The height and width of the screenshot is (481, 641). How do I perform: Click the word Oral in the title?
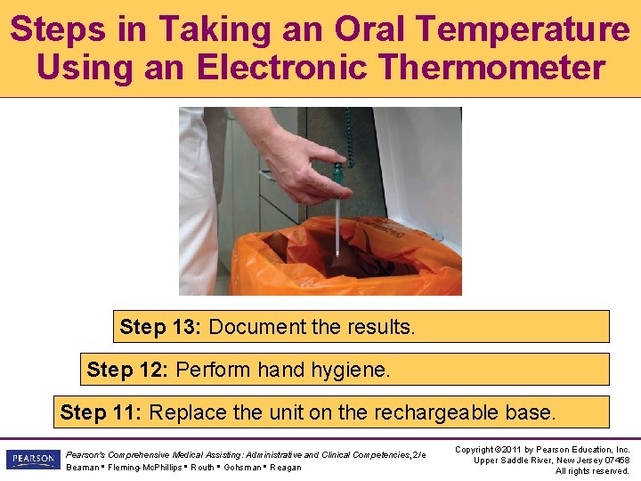coord(369,29)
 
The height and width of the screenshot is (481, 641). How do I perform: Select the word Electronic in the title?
coord(281,67)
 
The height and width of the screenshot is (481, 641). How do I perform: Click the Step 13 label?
coord(160,327)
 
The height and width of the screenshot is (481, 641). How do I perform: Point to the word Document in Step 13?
coord(257,327)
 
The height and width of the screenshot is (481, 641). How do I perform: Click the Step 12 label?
coord(127,370)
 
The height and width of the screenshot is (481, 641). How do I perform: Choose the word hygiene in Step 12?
coord(351,371)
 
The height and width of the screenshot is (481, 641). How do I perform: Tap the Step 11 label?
coord(101,412)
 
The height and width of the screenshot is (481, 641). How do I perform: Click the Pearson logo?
coord(34,459)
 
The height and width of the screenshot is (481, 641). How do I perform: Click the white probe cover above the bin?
coord(337,226)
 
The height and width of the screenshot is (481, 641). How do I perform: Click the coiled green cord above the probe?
coord(349,135)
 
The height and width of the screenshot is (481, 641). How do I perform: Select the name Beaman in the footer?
coord(83,468)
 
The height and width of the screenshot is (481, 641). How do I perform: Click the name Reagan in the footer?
coord(286,468)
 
